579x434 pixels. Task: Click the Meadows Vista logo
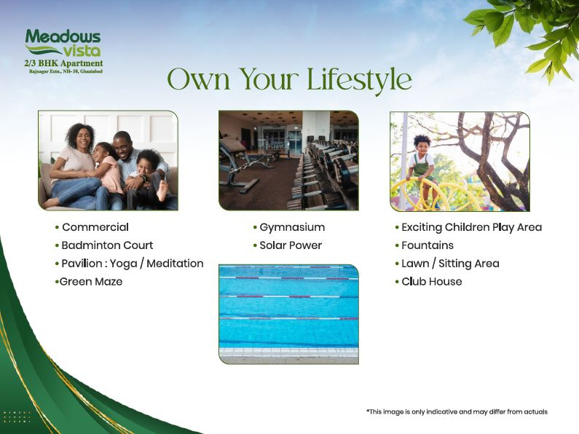click(x=63, y=43)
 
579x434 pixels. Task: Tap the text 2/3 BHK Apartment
click(x=63, y=63)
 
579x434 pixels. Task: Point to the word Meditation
click(x=175, y=264)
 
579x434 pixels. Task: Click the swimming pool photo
click(x=288, y=314)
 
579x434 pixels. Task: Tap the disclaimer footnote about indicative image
click(x=457, y=411)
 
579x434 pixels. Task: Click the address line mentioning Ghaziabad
click(x=66, y=71)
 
